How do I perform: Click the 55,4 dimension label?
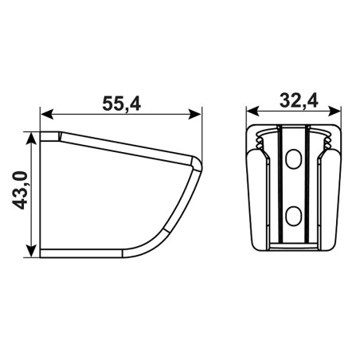click(x=121, y=104)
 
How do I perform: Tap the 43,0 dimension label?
click(x=20, y=190)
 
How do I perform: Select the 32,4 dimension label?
click(x=299, y=101)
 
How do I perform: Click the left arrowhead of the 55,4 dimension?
click(x=46, y=115)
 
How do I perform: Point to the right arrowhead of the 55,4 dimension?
click(x=194, y=115)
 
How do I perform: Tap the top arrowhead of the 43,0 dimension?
click(x=31, y=139)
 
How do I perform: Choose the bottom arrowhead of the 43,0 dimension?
click(x=31, y=251)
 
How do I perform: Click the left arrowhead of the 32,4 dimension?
click(x=252, y=111)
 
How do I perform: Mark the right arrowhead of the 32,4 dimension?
click(x=335, y=111)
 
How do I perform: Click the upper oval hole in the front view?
click(x=293, y=159)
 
